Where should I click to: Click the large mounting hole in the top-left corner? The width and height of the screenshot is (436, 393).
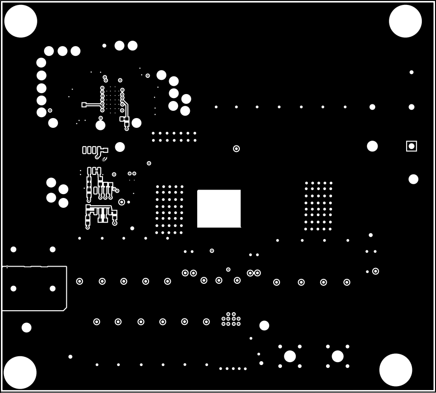21,21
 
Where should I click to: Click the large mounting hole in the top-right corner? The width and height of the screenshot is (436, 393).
405,21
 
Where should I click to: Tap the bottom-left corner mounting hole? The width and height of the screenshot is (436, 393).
20,372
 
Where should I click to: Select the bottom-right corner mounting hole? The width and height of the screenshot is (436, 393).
396,370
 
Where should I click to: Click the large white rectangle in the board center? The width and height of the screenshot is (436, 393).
219,209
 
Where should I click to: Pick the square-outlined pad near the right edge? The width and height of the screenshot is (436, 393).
411,146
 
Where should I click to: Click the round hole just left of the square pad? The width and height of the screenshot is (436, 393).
372,146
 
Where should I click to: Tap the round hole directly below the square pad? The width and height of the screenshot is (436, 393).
413,179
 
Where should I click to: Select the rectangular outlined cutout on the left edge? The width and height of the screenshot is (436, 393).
34,288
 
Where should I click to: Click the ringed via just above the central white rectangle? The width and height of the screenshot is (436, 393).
236,148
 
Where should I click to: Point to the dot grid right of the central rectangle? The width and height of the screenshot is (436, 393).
318,206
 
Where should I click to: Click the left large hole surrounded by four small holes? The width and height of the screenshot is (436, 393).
290,356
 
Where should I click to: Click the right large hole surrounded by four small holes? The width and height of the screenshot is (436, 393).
337,356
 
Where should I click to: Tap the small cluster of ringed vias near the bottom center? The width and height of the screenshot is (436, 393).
231,319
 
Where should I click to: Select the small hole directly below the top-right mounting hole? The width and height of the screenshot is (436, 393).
411,72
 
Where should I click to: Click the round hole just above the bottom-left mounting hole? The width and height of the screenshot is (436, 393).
26,327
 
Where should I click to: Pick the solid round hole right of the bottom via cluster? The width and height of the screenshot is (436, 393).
264,325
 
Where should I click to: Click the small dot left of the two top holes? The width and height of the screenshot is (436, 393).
104,46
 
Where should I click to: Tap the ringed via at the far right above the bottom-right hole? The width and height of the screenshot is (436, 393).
376,271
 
